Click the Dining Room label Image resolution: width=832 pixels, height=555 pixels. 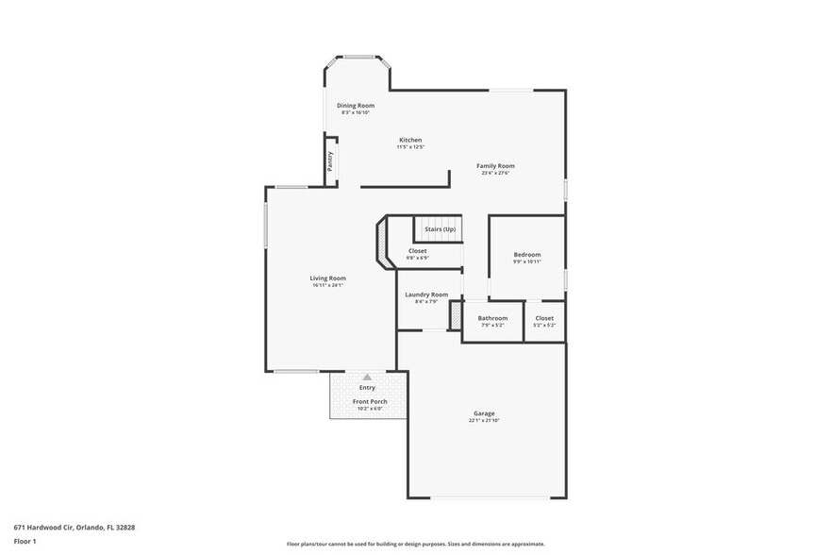click(x=357, y=106)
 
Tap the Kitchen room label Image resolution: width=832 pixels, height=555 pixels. click(x=409, y=140)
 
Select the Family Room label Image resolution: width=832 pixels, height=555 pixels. click(x=495, y=166)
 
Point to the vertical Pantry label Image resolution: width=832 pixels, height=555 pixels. click(x=330, y=160)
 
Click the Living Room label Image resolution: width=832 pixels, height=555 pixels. click(x=328, y=277)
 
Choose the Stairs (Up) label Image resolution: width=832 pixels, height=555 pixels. click(x=440, y=229)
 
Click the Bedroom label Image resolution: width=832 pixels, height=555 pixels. click(x=527, y=254)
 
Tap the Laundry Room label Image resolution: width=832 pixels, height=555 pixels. click(x=426, y=294)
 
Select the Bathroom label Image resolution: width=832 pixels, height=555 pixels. click(x=492, y=318)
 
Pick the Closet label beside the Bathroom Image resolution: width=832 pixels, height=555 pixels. click(x=544, y=318)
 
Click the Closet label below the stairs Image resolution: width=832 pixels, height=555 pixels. click(x=417, y=251)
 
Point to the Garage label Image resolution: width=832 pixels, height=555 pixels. click(x=484, y=412)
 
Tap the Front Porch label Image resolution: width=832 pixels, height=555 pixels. click(x=370, y=401)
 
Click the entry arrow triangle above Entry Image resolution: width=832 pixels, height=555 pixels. click(x=367, y=377)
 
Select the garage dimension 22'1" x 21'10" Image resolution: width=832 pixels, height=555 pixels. click(x=484, y=420)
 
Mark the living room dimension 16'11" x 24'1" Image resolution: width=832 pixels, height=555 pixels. click(x=328, y=285)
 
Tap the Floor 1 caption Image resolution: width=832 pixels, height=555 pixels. click(x=25, y=541)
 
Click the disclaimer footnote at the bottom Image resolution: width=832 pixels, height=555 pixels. click(x=416, y=544)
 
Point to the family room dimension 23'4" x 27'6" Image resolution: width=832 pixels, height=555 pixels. click(x=495, y=174)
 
